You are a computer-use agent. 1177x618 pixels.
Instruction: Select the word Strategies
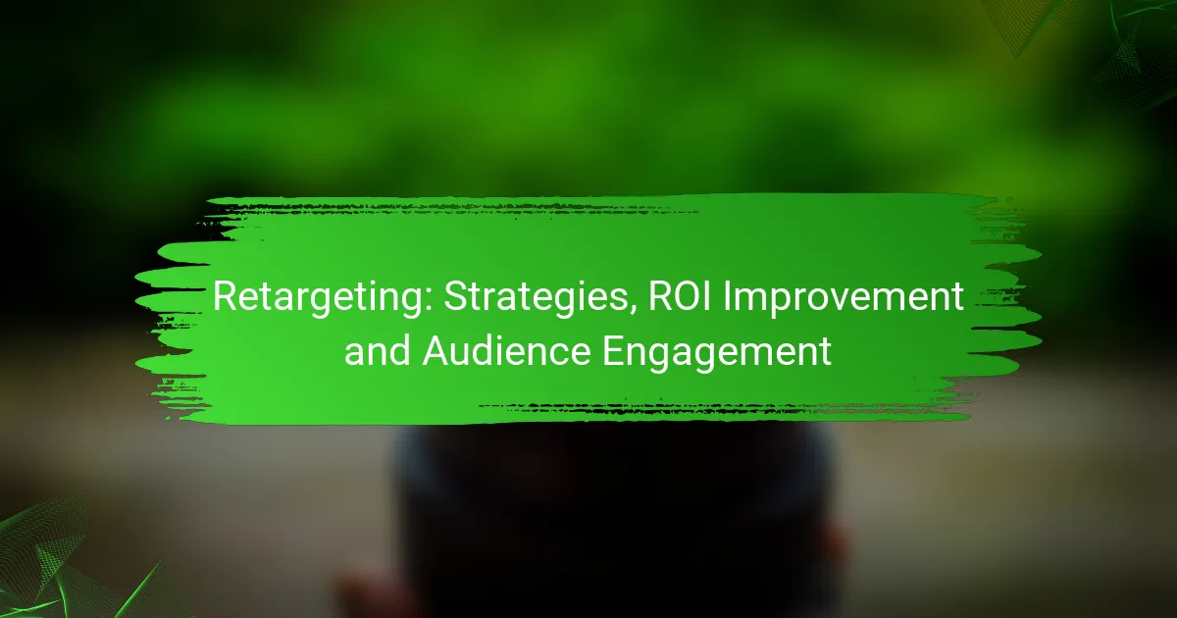pos(537,298)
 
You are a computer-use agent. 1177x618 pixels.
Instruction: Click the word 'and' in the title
pos(378,350)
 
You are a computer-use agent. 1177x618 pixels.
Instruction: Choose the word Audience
pos(506,350)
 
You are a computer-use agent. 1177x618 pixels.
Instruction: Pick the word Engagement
pos(717,353)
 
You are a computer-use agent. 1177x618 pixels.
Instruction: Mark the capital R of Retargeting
pos(226,297)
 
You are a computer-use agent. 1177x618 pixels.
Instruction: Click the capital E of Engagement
pos(614,350)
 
